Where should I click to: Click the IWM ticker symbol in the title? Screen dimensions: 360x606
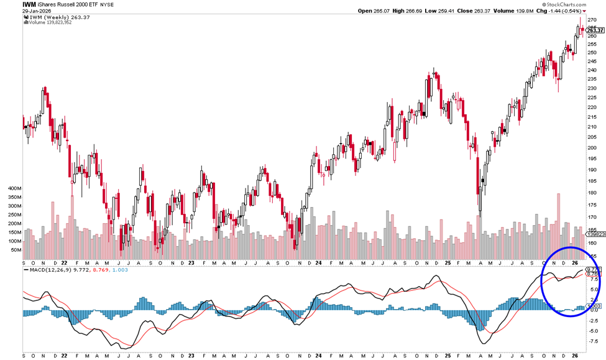click(29, 4)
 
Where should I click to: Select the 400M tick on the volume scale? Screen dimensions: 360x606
click(14, 187)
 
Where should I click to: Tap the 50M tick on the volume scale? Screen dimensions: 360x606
click(16, 250)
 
